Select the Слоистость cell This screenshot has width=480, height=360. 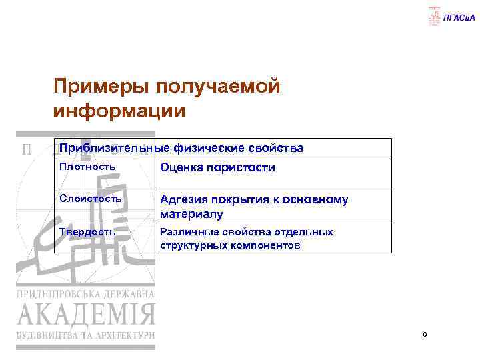[x=91, y=199]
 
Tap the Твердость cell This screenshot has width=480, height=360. [x=89, y=231]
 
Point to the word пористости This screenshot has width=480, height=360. [x=242, y=167]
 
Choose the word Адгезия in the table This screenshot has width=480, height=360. [x=183, y=199]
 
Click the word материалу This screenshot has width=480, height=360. [x=191, y=215]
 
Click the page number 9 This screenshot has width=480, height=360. [x=425, y=333]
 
